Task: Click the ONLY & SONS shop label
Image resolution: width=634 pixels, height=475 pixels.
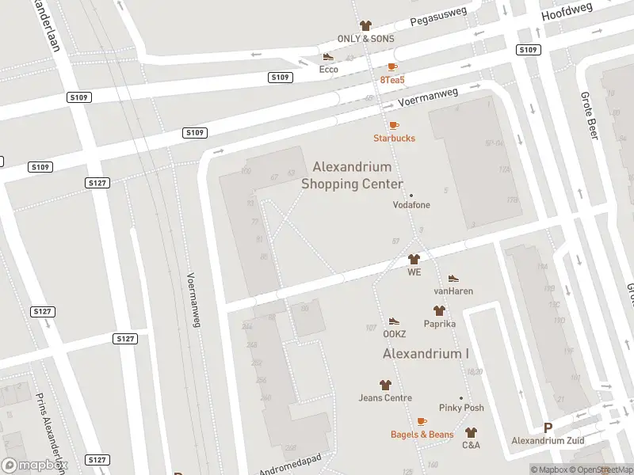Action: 365,39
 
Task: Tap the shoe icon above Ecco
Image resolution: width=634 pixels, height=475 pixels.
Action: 328,57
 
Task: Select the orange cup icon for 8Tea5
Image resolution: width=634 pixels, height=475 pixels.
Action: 392,67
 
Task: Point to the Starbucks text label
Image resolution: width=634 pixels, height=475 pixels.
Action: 394,138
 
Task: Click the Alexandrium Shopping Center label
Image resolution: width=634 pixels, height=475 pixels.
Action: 353,175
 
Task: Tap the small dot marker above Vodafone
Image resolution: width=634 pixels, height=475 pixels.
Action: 411,196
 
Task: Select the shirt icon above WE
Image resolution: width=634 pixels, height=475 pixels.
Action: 414,259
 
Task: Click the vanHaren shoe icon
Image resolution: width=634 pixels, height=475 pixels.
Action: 453,279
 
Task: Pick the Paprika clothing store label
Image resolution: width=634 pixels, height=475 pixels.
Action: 438,323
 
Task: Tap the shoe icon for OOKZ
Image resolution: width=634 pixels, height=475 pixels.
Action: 394,321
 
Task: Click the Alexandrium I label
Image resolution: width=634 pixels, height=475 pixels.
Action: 426,353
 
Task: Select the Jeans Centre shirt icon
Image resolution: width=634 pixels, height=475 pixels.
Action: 385,385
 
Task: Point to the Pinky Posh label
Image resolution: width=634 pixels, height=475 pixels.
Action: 462,408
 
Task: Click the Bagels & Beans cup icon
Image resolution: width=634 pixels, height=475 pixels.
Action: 422,422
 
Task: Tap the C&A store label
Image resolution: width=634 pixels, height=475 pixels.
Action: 471,445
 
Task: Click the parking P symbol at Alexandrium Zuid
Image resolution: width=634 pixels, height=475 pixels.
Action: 548,427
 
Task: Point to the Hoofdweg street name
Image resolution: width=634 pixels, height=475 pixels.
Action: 567,12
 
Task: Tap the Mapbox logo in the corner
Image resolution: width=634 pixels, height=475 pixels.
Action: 35,465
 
